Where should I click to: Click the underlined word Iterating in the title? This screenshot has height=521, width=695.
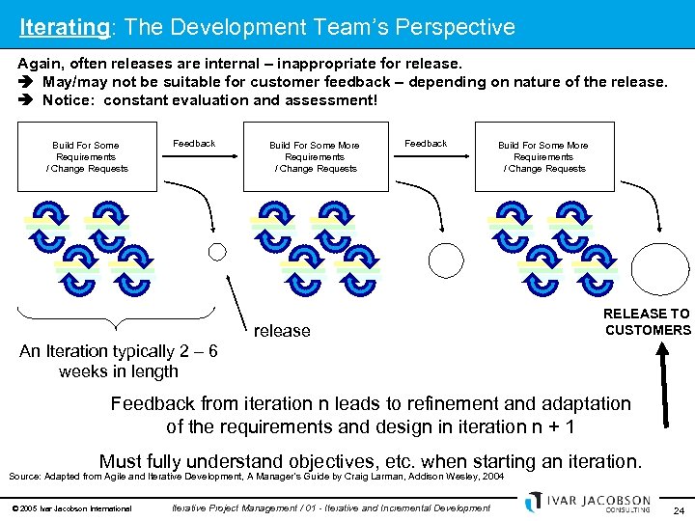(x=64, y=27)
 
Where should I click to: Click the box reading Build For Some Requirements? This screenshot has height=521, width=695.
(x=86, y=156)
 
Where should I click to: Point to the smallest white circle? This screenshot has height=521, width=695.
(x=217, y=252)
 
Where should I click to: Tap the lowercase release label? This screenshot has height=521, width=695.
(x=282, y=331)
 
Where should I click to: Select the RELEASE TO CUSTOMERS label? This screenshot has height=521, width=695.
(x=647, y=321)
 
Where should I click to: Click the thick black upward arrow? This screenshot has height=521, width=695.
(x=663, y=386)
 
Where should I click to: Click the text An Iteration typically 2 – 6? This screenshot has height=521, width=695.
(x=118, y=352)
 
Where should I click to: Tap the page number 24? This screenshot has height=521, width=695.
(x=678, y=508)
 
